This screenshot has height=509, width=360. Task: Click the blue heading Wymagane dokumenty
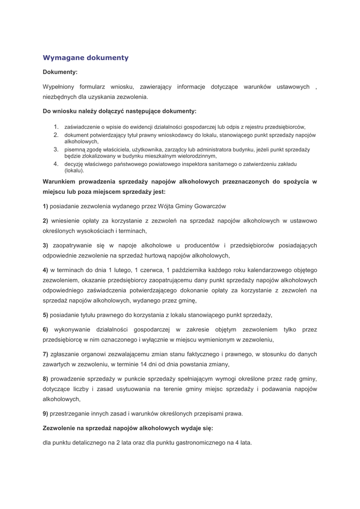point(86,58)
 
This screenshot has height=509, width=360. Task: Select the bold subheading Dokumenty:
point(60,72)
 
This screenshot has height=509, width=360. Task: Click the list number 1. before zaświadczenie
point(57,127)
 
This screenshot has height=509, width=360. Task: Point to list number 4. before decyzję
point(57,164)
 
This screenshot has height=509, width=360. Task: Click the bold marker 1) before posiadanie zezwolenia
point(45,206)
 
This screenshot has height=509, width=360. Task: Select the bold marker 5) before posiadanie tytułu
point(45,315)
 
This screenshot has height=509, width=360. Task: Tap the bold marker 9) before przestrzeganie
point(45,413)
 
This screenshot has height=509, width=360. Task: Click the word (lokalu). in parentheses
point(75,170)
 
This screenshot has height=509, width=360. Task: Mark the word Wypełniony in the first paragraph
point(59,86)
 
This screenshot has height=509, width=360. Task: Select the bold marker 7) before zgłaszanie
point(45,354)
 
